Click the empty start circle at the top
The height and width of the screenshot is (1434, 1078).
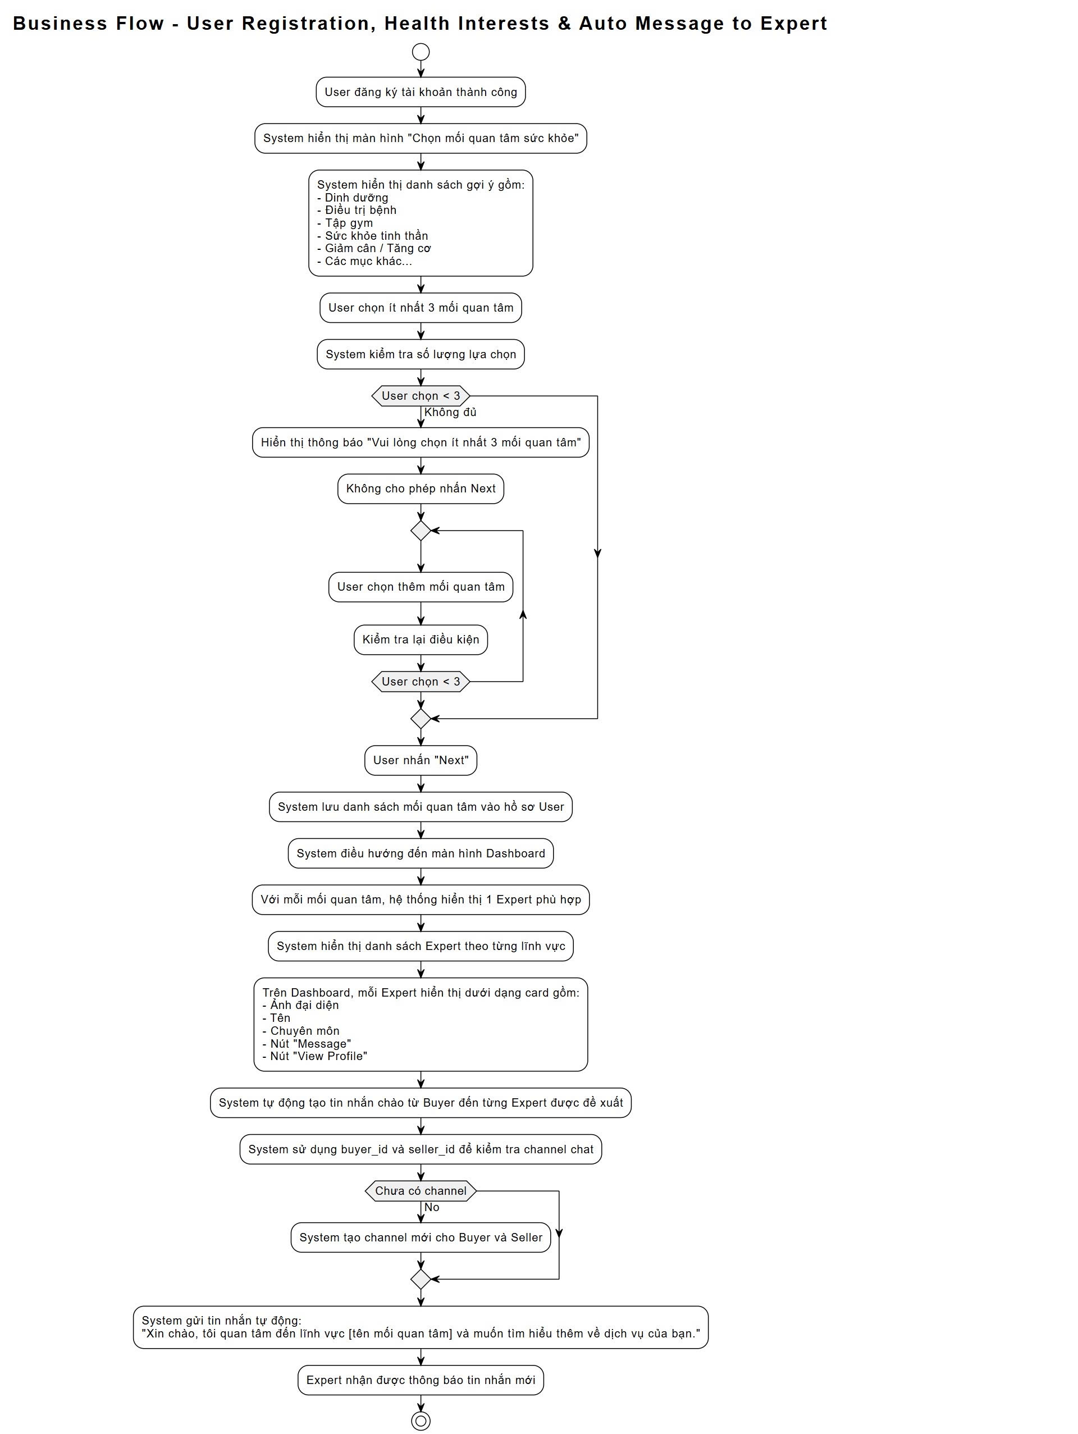click(x=421, y=52)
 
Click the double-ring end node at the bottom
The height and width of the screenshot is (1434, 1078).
click(x=421, y=1421)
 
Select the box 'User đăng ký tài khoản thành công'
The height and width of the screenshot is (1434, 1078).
click(x=421, y=92)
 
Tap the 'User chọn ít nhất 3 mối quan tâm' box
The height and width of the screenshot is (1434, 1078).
click(x=421, y=308)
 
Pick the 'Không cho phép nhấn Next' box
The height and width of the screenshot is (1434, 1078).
click(x=421, y=489)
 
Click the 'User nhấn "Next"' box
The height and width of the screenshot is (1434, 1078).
click(x=421, y=760)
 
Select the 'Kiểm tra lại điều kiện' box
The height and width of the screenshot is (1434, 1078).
click(x=421, y=640)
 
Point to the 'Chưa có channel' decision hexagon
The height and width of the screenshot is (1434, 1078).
click(x=421, y=1191)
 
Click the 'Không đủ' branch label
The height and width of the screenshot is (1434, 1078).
click(x=450, y=412)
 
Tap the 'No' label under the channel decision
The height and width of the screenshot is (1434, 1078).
click(x=432, y=1207)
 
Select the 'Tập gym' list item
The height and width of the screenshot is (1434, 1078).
click(x=349, y=223)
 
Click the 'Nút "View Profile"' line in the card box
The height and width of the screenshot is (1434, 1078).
click(x=318, y=1056)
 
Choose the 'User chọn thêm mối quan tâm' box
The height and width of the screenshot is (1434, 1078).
click(x=421, y=587)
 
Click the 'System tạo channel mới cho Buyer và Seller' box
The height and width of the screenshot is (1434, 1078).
click(x=421, y=1237)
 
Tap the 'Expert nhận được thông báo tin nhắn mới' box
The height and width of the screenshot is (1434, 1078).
click(x=421, y=1380)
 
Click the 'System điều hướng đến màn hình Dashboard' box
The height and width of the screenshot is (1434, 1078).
click(x=421, y=854)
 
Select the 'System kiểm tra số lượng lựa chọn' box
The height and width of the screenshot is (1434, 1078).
click(x=421, y=355)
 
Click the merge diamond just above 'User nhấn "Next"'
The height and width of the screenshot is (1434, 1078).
click(x=421, y=719)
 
